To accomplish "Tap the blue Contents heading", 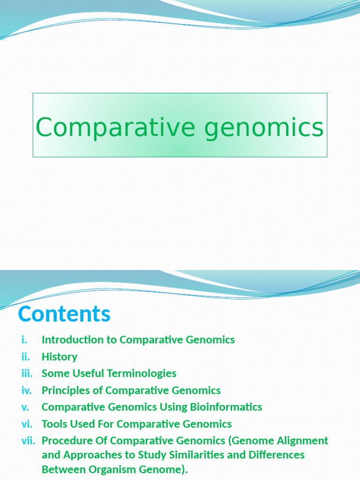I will (x=64, y=314).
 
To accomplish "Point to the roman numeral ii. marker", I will (x=25, y=357).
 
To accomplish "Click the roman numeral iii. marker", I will (x=27, y=374).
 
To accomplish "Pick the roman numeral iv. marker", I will (x=27, y=390).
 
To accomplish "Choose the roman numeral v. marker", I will (x=25, y=407).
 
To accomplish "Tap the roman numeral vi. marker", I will (x=27, y=424).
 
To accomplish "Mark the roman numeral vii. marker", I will (x=28, y=441).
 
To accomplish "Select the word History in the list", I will (x=60, y=357).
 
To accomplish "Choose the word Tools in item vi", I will (x=53, y=424).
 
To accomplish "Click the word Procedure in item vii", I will (x=67, y=441).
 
